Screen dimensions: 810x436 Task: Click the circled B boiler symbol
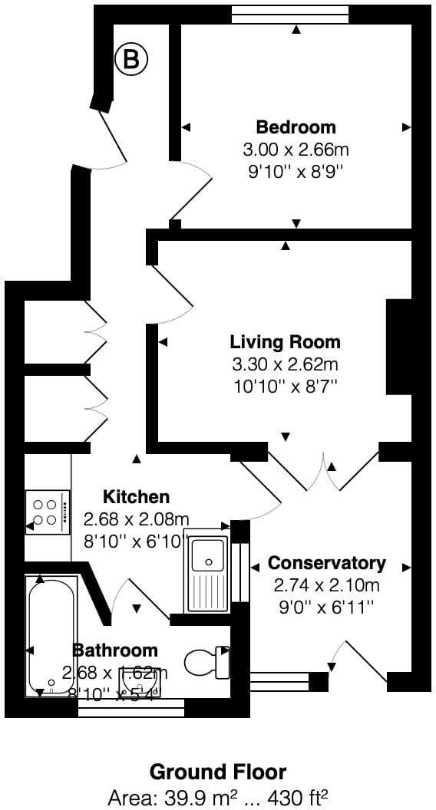(131, 61)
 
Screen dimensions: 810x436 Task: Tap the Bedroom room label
(296, 127)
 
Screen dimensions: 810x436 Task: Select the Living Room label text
(285, 342)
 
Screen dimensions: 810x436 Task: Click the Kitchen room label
(137, 497)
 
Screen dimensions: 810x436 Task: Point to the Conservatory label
(326, 563)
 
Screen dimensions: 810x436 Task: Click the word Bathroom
(114, 650)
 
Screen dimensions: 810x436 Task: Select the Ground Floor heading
(218, 771)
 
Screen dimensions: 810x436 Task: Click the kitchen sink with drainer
(206, 571)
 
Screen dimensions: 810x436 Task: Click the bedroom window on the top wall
(289, 15)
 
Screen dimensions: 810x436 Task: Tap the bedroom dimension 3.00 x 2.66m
(296, 149)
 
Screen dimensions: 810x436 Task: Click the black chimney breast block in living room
(398, 346)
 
